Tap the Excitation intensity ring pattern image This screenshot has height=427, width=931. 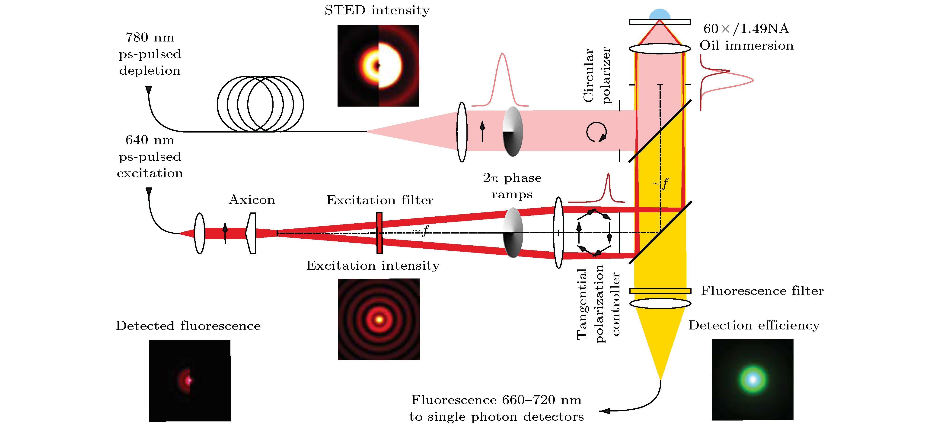[379, 319]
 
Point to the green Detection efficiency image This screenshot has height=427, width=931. [752, 379]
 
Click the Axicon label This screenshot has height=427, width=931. [252, 200]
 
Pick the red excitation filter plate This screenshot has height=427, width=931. [379, 233]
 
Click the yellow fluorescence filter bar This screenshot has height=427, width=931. [660, 291]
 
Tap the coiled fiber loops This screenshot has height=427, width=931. [260, 104]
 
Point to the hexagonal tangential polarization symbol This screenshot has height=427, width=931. [594, 232]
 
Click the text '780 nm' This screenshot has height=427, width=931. [150, 37]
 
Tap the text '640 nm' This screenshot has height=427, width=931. [150, 140]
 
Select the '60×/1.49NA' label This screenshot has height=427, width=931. [746, 28]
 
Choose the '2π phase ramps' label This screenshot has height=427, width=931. [512, 186]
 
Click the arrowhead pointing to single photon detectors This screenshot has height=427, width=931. [605, 411]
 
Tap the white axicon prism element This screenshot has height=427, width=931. [251, 233]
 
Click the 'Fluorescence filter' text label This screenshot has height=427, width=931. [762, 291]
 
